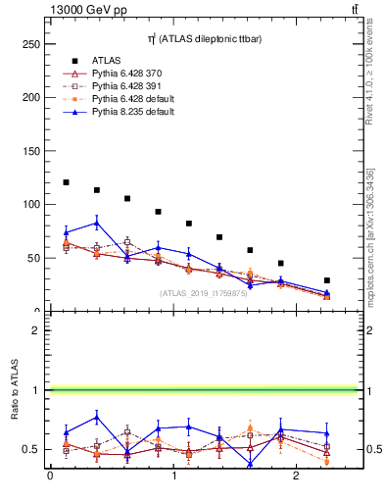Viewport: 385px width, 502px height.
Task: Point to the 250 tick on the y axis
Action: (31, 44)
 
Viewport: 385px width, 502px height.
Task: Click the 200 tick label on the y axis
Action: (31, 98)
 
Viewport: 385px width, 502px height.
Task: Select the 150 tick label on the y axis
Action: (31, 151)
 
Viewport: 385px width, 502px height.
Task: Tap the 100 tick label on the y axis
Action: (31, 205)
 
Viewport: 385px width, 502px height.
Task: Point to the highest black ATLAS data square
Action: (66, 182)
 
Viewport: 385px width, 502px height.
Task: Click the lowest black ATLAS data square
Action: (327, 280)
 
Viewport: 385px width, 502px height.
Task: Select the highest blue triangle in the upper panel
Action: (96, 223)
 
